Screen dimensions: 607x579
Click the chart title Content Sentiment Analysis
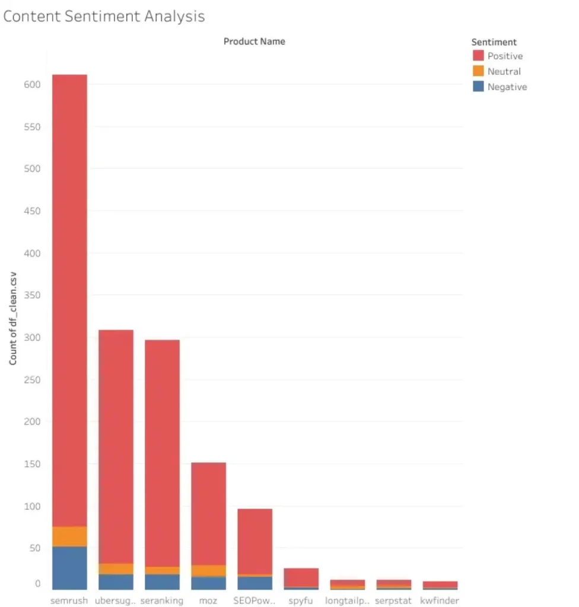(104, 16)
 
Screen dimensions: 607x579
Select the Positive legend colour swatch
(479, 56)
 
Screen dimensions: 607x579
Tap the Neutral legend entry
(504, 72)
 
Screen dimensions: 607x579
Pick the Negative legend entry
(507, 87)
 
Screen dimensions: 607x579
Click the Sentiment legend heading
(494, 42)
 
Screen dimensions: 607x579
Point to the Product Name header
(254, 41)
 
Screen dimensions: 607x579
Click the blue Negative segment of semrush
(69, 567)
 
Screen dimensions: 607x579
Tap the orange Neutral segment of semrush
(69, 536)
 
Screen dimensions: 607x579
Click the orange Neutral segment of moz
(208, 570)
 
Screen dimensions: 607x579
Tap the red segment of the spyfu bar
(301, 577)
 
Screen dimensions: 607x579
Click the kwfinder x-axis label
(440, 600)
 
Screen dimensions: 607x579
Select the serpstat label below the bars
(393, 600)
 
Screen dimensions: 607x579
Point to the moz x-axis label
(208, 600)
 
